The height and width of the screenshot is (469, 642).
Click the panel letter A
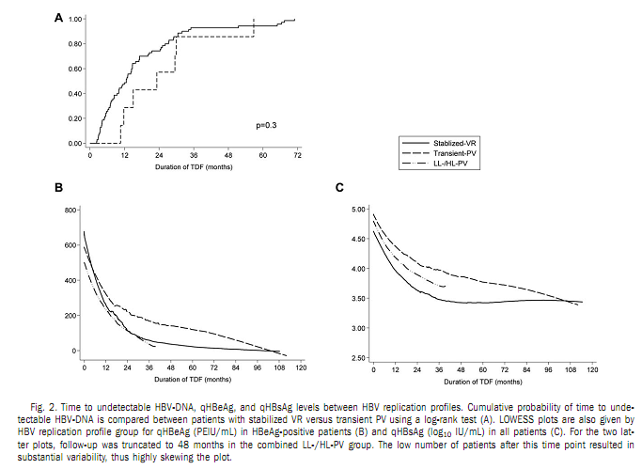coord(58,17)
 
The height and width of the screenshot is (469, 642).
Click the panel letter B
coord(58,188)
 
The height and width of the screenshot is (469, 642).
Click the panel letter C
coord(339,188)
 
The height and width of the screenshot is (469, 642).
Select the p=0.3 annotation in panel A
coord(266,124)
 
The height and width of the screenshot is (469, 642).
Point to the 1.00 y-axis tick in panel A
coord(74,19)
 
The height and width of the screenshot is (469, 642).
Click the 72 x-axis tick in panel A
coord(297,154)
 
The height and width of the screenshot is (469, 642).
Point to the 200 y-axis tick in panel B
coord(71,315)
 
